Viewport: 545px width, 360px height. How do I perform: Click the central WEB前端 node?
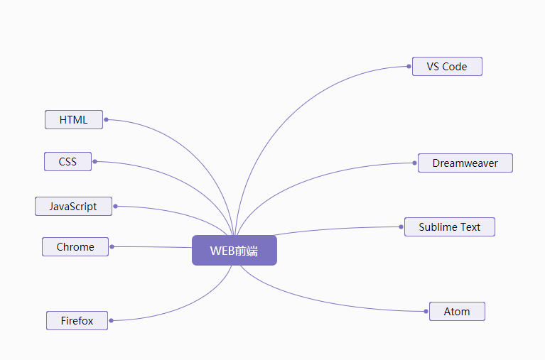[234, 251]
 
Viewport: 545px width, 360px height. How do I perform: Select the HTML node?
[74, 120]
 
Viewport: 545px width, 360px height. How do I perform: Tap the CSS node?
[68, 162]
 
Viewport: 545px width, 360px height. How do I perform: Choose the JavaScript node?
[73, 207]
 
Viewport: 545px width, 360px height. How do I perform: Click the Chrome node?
[75, 247]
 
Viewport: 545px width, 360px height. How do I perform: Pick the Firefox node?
[77, 321]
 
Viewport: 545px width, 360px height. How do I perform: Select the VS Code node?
[447, 67]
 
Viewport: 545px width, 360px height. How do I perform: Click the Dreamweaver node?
[465, 163]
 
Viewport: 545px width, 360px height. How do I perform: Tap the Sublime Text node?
[449, 227]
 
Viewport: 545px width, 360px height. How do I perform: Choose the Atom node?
[457, 312]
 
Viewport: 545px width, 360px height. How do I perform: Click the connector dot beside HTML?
[106, 119]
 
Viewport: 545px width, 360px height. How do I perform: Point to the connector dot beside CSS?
[95, 162]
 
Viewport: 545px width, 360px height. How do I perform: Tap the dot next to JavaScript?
[115, 207]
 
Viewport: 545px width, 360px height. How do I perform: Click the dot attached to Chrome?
[112, 246]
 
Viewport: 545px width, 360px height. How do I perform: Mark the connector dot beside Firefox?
[111, 321]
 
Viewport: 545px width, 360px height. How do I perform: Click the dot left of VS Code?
[409, 67]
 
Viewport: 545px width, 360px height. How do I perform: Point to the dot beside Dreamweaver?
[414, 163]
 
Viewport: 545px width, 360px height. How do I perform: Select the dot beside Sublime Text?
[401, 227]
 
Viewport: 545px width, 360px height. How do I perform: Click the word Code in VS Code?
[455, 67]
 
